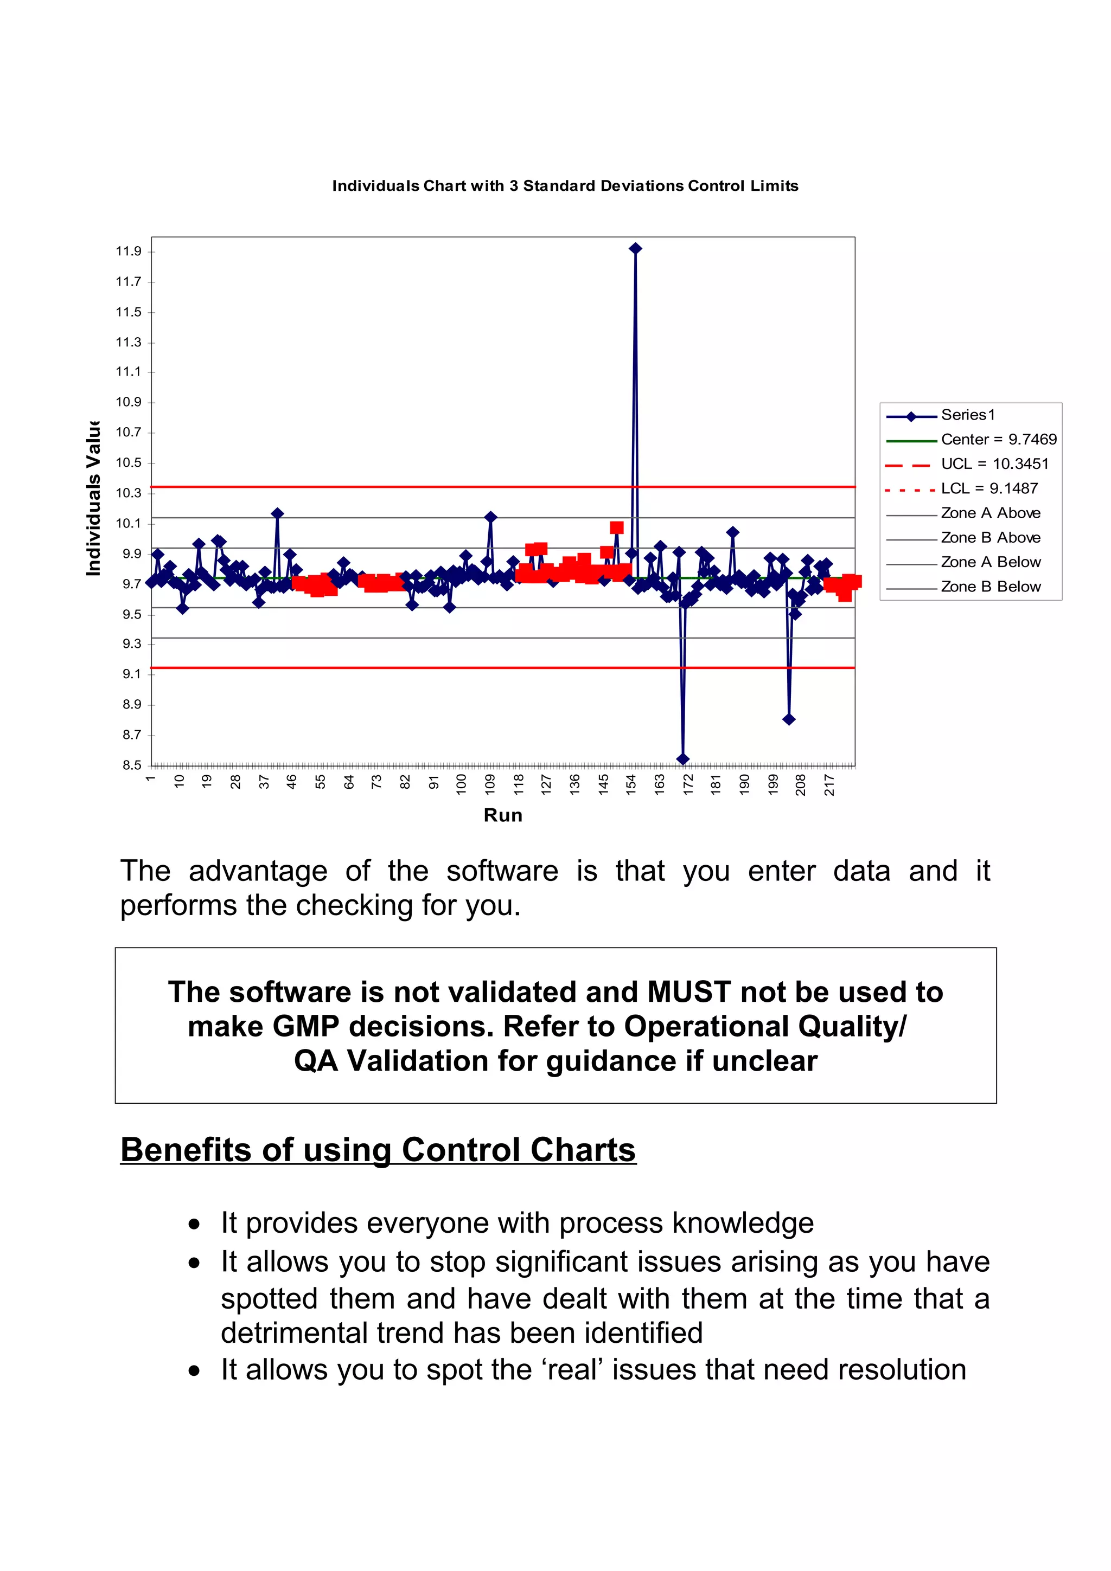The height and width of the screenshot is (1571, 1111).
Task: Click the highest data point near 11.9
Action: pyautogui.click(x=635, y=248)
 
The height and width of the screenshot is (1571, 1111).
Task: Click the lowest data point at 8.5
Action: pyautogui.click(x=682, y=759)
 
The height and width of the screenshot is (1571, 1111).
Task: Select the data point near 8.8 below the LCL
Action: pyautogui.click(x=789, y=719)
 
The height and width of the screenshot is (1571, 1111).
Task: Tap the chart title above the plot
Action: pyautogui.click(x=565, y=186)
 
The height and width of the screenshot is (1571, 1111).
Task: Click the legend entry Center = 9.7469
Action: pyautogui.click(x=998, y=439)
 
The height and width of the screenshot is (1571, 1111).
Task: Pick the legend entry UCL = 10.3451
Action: pyautogui.click(x=994, y=464)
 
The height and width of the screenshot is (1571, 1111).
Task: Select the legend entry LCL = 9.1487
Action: pyautogui.click(x=988, y=488)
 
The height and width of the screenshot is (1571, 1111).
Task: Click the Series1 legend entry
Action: pyautogui.click(x=967, y=415)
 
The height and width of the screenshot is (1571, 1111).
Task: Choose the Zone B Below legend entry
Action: pyautogui.click(x=990, y=587)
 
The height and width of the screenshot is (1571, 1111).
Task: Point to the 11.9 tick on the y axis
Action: pyautogui.click(x=129, y=251)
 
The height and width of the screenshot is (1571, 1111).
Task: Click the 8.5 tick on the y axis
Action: pyautogui.click(x=131, y=765)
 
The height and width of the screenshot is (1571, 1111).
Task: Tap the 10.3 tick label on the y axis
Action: pyautogui.click(x=129, y=493)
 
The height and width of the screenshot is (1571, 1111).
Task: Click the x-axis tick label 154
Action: pyautogui.click(x=631, y=783)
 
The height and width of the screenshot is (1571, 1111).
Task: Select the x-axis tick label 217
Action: pyautogui.click(x=829, y=784)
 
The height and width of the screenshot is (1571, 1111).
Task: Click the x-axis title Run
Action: pyautogui.click(x=503, y=815)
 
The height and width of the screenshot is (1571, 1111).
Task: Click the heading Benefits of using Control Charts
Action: pyautogui.click(x=378, y=1149)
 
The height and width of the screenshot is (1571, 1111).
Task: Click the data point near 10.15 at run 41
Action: pyautogui.click(x=277, y=513)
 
